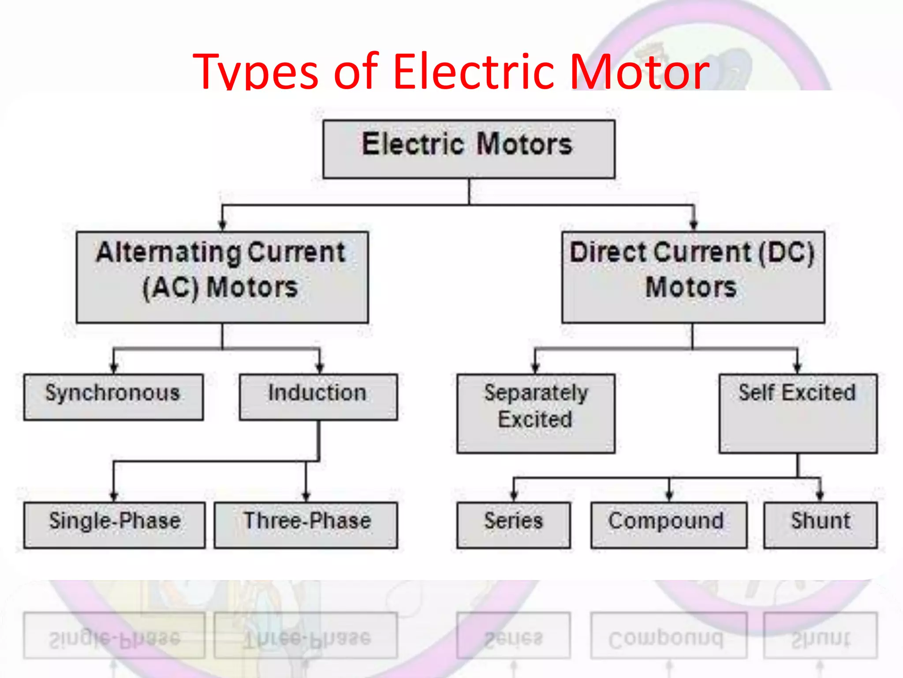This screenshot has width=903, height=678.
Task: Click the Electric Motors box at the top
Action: [469, 149]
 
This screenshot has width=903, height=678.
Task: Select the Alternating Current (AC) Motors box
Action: [222, 277]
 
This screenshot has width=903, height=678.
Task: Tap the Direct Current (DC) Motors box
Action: [693, 277]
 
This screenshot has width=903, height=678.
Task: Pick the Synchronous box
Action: [113, 397]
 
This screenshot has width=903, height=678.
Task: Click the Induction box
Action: [318, 397]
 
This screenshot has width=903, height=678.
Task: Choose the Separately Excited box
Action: [536, 413]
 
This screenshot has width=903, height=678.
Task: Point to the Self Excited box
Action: [798, 413]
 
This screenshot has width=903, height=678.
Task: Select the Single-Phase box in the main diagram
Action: [114, 525]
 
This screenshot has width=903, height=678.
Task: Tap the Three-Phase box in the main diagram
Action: [306, 525]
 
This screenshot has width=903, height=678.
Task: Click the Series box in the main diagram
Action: [513, 525]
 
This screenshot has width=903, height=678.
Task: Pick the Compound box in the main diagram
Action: [669, 525]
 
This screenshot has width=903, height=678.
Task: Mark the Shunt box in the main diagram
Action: [820, 525]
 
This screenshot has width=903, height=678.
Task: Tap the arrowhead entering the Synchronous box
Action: [114, 368]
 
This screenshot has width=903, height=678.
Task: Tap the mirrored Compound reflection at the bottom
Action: [669, 636]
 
